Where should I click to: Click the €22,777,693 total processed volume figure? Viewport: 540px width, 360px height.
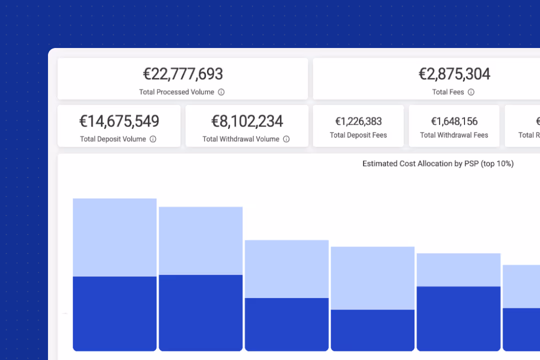tap(183, 74)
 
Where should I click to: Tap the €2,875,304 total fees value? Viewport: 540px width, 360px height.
tap(454, 74)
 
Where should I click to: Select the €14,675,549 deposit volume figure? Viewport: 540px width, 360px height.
tap(119, 121)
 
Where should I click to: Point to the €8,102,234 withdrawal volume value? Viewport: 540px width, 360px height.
tap(247, 121)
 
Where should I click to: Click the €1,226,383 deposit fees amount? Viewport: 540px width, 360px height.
tap(358, 121)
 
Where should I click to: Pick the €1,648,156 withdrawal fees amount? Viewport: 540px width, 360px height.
tap(454, 121)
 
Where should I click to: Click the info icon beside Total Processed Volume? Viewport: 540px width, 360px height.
tap(221, 92)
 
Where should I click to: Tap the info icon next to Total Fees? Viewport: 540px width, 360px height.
tap(471, 92)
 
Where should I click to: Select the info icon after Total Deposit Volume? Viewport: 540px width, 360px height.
tap(153, 139)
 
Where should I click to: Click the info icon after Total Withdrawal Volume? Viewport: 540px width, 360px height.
tap(286, 139)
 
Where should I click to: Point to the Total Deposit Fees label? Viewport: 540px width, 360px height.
tap(358, 135)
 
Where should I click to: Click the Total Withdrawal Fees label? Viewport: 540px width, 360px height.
tap(454, 135)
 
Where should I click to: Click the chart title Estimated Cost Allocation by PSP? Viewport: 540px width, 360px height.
tap(438, 163)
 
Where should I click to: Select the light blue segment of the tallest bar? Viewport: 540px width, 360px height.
tap(114, 237)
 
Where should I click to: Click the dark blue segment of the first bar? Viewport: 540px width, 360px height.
tap(114, 313)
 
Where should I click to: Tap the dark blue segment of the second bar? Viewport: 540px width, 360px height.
tap(200, 312)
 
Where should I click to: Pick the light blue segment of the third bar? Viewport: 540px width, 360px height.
tap(286, 269)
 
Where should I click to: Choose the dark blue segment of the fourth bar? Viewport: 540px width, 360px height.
tap(372, 330)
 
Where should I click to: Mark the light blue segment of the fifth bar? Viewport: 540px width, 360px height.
tap(458, 269)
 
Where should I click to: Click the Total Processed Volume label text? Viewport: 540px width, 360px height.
tap(176, 92)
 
